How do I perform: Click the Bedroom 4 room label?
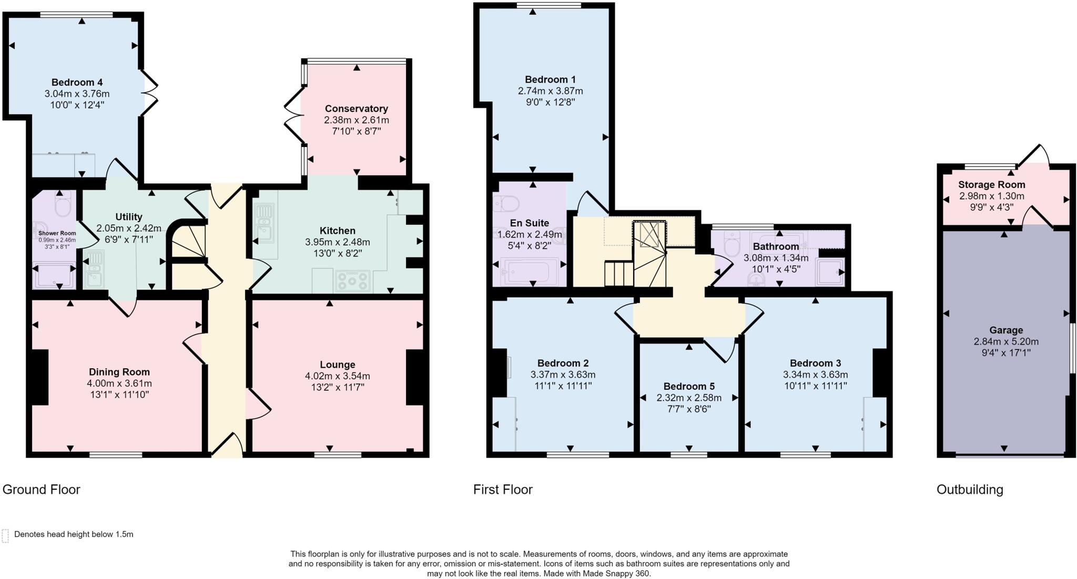click(77, 82)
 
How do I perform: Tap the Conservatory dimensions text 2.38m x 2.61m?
click(357, 120)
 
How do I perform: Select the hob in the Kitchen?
click(353, 281)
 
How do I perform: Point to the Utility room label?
click(129, 217)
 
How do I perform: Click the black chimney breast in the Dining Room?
click(40, 376)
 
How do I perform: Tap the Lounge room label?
click(337, 365)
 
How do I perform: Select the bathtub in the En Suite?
click(529, 271)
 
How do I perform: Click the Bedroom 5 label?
click(689, 387)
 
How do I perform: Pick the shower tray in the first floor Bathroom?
click(829, 272)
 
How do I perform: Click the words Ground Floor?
click(42, 490)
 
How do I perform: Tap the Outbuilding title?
click(970, 490)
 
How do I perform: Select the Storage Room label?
click(991, 185)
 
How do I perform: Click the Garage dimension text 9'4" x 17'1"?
click(1006, 353)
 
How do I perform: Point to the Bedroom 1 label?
click(550, 80)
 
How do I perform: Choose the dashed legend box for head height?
click(5, 535)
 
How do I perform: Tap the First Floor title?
click(503, 490)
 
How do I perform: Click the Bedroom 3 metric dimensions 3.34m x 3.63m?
click(815, 375)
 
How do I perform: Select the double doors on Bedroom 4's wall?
click(149, 93)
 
